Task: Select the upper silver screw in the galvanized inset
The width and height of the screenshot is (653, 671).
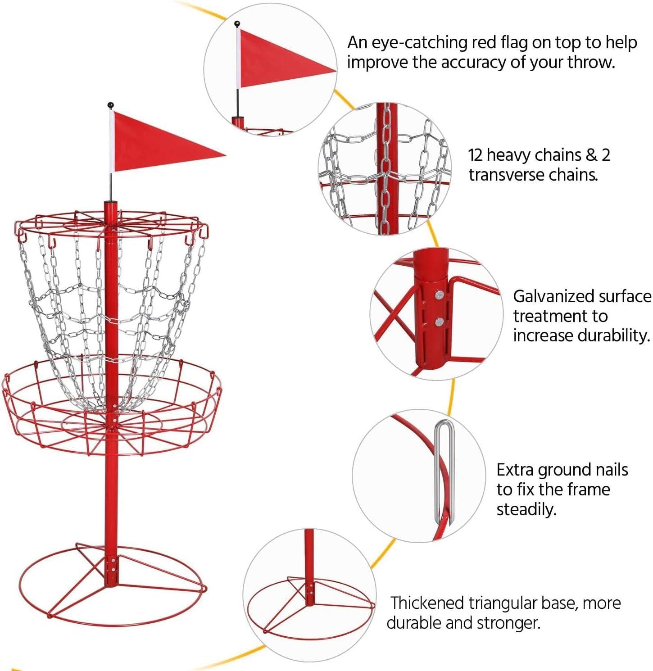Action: (x=439, y=295)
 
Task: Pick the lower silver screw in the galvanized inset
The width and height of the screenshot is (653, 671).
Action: (x=439, y=322)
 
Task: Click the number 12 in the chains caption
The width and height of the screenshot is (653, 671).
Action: (x=476, y=155)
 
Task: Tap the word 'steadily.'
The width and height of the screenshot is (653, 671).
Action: (x=526, y=509)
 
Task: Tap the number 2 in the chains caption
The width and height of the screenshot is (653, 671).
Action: (x=606, y=155)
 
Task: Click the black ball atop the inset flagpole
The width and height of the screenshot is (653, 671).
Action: (x=237, y=23)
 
